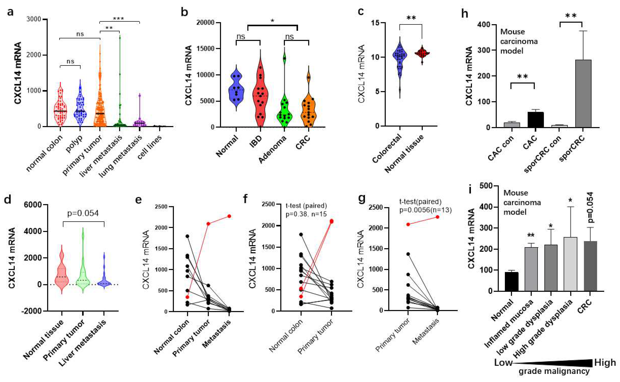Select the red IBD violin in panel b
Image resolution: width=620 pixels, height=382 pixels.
pos(260,98)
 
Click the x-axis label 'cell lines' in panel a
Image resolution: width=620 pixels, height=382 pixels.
pos(149,144)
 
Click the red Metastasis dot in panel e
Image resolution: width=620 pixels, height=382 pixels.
pos(229,216)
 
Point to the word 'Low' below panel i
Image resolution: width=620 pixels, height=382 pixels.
pos(503,363)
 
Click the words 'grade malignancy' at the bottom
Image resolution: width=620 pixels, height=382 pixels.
pos(554,371)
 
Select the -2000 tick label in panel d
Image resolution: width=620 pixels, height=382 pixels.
pos(31,311)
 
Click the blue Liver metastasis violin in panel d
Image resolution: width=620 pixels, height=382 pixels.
pos(104,278)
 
